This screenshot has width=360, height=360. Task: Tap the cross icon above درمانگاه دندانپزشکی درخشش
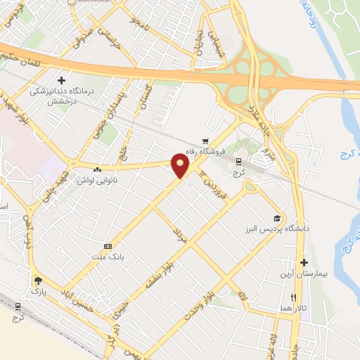click(62, 81)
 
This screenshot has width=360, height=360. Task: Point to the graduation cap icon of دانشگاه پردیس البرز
click(276, 219)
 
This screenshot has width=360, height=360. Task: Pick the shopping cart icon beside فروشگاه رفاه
click(205, 141)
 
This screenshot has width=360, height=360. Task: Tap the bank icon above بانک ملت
click(108, 246)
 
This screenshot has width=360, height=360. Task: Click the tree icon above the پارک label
click(37, 281)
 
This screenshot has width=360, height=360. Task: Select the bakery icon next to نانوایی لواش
click(96, 169)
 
